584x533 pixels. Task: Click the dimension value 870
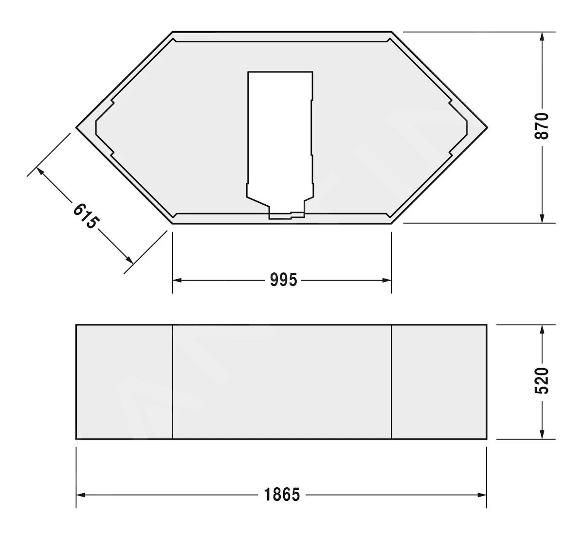tap(542, 126)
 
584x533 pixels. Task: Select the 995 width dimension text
tap(283, 280)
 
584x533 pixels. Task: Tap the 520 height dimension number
tap(542, 381)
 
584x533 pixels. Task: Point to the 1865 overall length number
tap(282, 495)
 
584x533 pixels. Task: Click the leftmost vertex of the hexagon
tap(76, 127)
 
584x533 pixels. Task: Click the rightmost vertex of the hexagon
tap(487, 127)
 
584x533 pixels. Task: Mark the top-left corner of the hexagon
tap(173, 32)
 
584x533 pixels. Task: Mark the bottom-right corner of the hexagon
tap(391, 223)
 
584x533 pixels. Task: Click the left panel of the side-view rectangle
tap(124, 382)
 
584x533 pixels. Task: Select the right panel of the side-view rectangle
tap(439, 382)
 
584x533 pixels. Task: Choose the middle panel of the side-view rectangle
tap(282, 382)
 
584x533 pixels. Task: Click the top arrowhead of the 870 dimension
tap(542, 37)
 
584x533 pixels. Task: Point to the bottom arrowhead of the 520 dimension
tap(542, 434)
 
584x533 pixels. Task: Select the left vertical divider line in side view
tap(173, 382)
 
